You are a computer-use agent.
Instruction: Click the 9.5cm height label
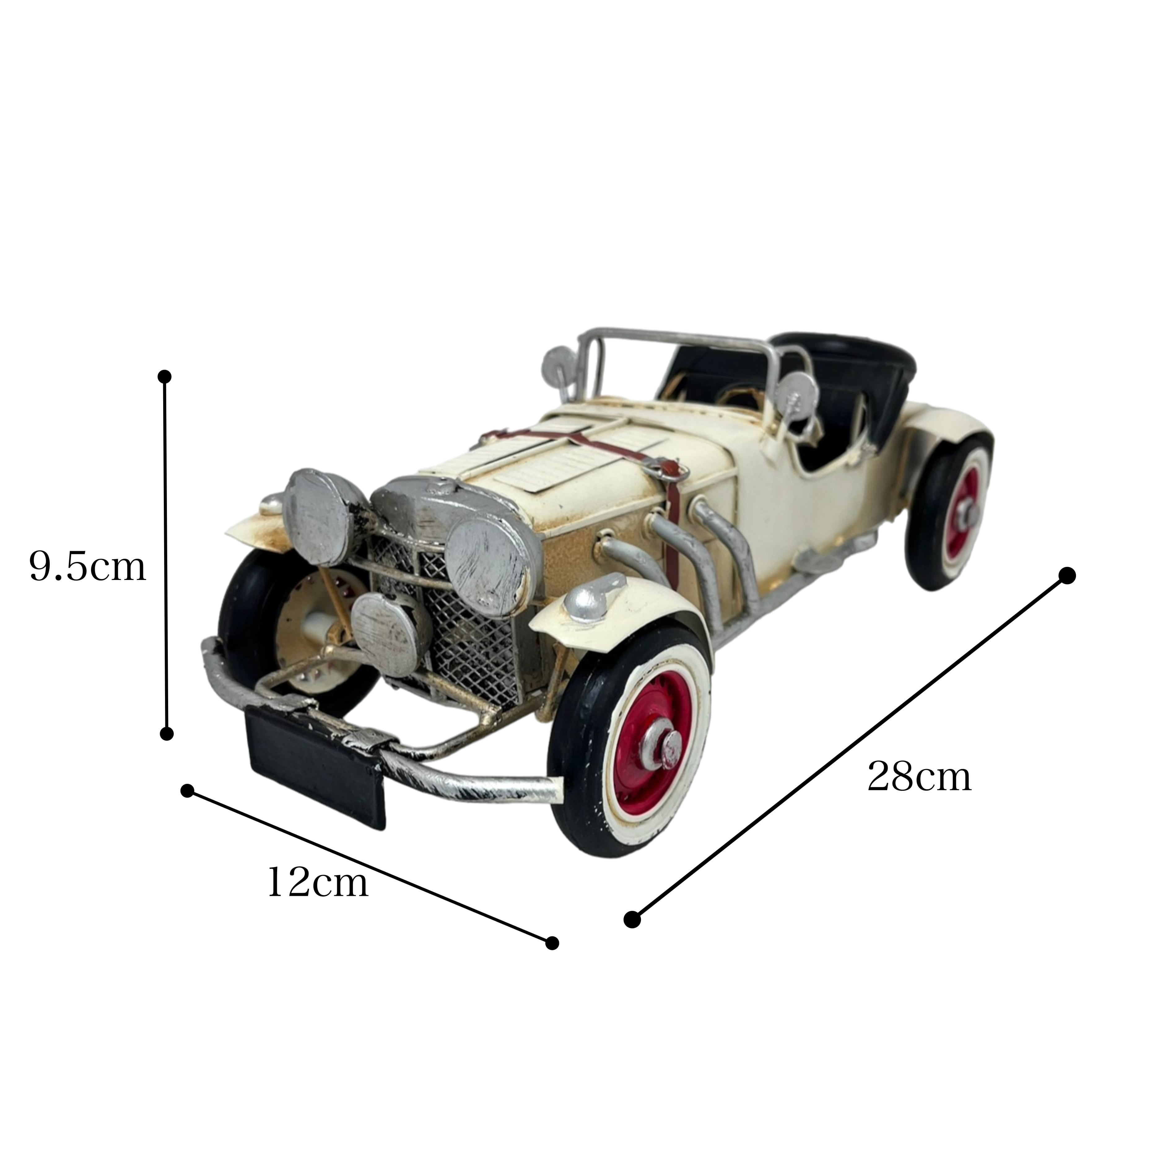(x=88, y=568)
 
